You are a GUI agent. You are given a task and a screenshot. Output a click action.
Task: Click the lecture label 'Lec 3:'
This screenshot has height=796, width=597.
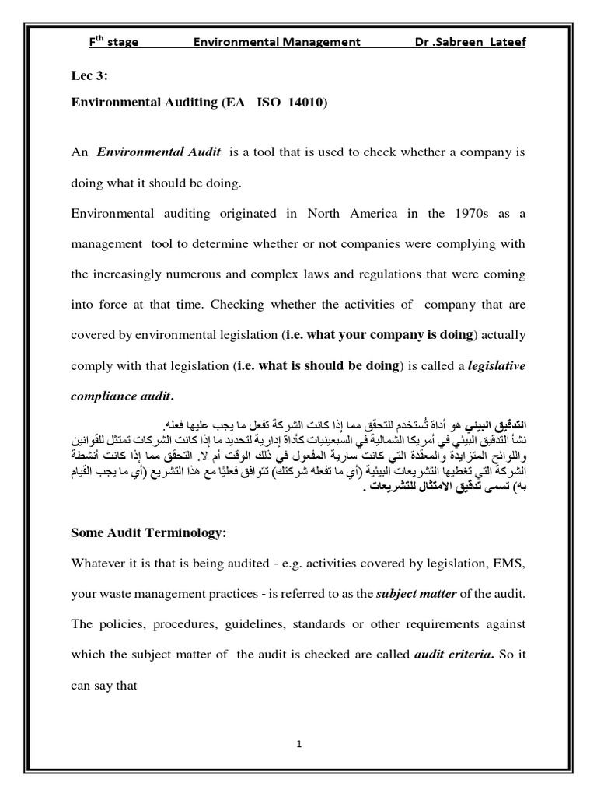click(x=86, y=78)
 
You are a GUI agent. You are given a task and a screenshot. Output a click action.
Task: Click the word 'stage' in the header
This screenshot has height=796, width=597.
click(x=123, y=41)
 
